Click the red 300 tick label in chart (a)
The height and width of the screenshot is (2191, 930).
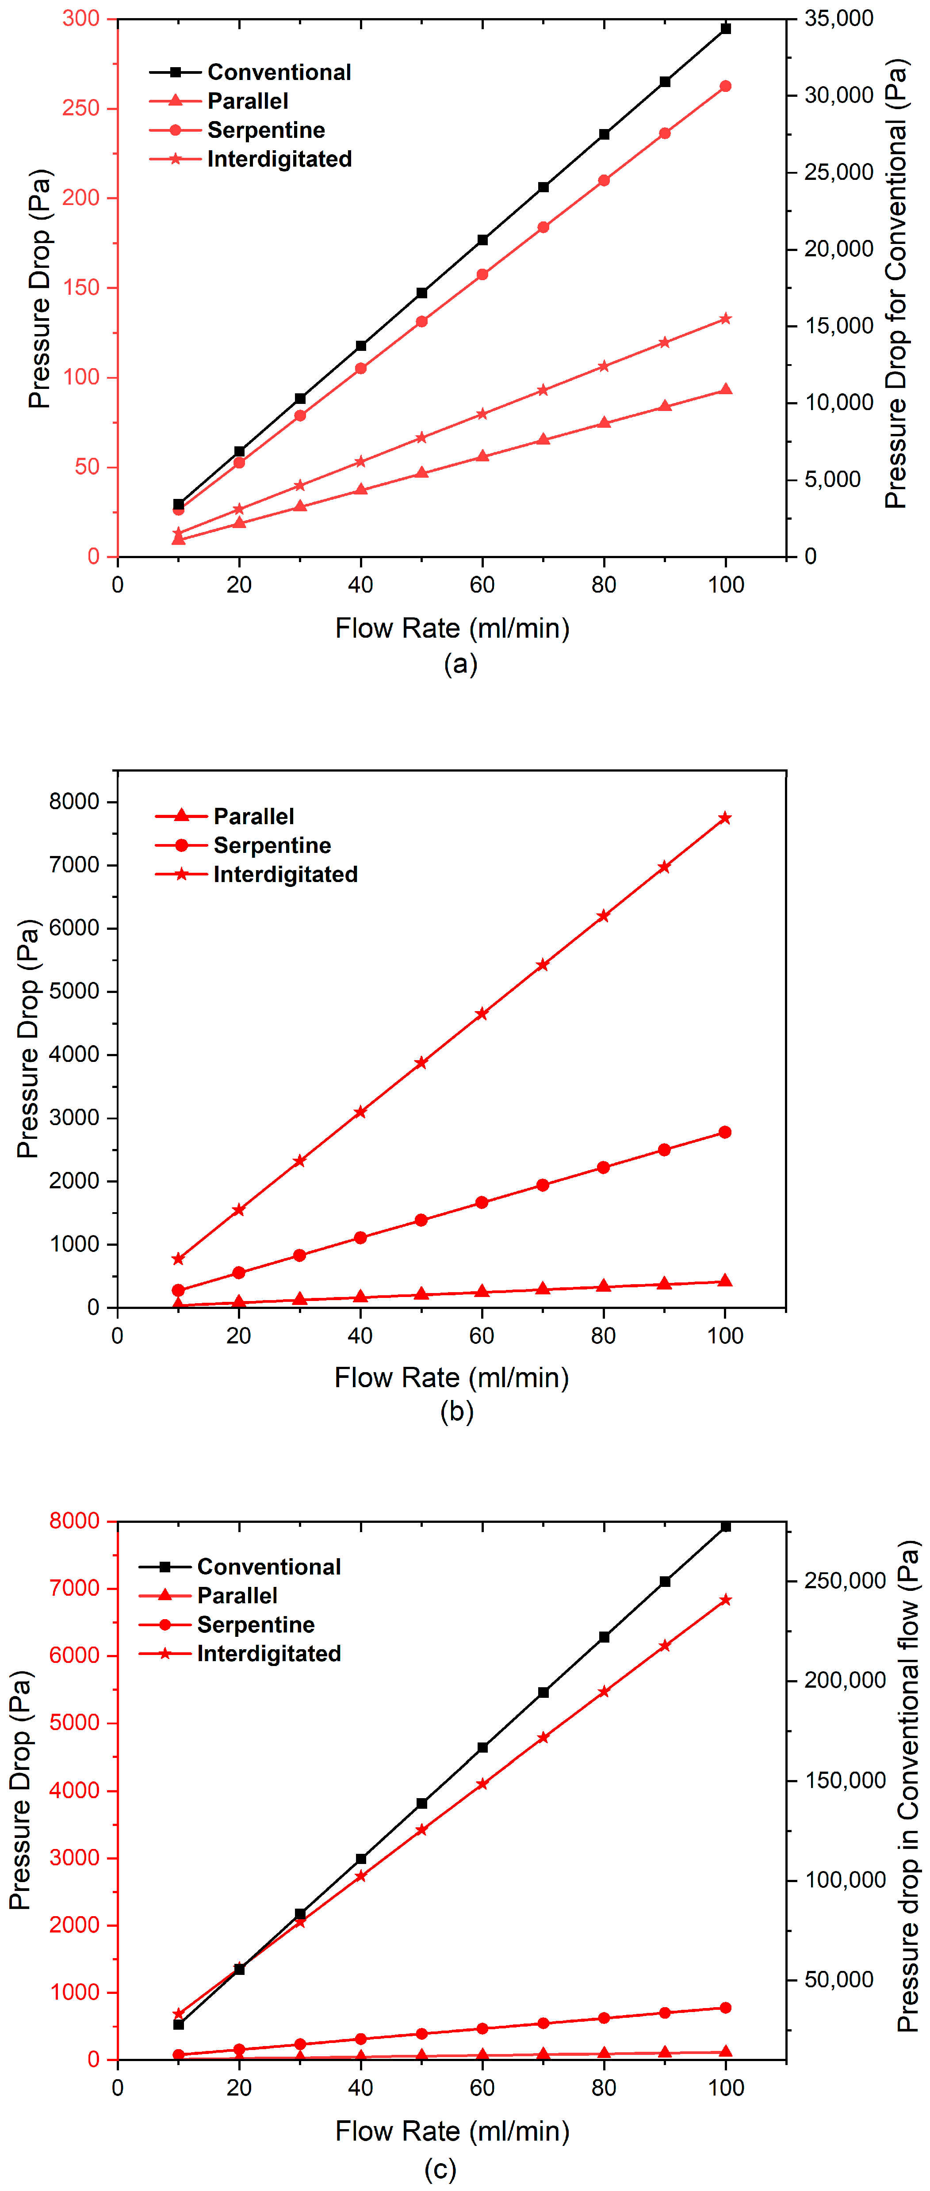click(x=81, y=19)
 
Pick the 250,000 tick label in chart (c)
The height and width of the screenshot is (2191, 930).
click(x=845, y=1580)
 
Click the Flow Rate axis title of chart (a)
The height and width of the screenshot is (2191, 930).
click(x=452, y=628)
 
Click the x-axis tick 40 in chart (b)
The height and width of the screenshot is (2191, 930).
click(x=360, y=1335)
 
